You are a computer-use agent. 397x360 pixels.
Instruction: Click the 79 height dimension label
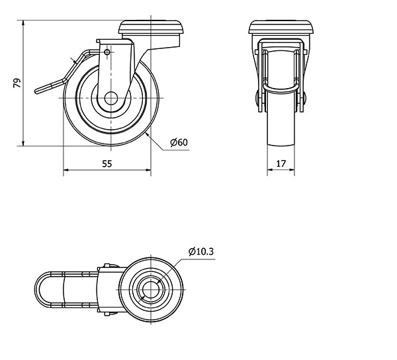click(17, 83)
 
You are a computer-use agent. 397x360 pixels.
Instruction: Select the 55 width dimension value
click(107, 164)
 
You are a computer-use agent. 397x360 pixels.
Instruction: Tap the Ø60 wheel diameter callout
click(179, 142)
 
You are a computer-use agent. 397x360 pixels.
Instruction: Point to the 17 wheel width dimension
click(281, 164)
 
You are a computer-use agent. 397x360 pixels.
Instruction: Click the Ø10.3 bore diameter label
click(201, 251)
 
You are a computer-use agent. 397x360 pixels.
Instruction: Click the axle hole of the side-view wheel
click(111, 99)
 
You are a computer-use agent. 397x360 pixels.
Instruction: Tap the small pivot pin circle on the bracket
click(107, 52)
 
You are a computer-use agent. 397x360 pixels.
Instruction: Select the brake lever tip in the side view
click(37, 91)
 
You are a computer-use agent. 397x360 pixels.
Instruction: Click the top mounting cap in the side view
click(151, 27)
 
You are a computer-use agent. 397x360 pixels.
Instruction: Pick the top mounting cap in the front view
click(281, 27)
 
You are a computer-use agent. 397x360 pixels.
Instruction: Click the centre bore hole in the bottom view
click(151, 289)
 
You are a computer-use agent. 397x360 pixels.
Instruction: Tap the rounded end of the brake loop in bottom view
click(38, 290)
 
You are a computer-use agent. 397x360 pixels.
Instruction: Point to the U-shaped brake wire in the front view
click(281, 91)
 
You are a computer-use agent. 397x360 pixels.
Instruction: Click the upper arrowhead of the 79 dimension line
click(23, 23)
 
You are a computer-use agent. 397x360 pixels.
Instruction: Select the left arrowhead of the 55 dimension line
click(66, 170)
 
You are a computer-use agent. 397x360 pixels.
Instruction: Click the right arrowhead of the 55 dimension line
click(148, 170)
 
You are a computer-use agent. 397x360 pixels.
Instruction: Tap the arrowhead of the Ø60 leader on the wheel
click(148, 135)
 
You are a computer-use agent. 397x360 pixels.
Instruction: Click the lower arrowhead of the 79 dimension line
click(23, 143)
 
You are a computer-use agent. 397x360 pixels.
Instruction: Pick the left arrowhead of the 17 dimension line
click(270, 169)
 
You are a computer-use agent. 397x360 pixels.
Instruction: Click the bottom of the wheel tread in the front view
click(281, 144)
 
